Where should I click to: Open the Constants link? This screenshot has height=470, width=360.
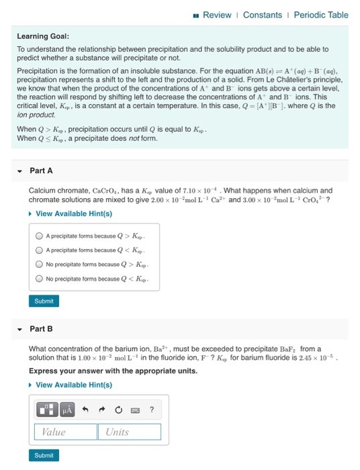[263, 15]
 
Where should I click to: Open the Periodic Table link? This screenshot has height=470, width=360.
[321, 15]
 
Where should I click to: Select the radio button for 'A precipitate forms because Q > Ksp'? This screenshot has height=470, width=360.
[40, 236]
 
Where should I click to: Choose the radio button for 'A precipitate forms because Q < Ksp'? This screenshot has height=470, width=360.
[40, 250]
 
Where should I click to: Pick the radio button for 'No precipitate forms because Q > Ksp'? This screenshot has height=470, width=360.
[40, 265]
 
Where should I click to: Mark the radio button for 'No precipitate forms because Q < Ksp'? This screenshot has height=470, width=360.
[40, 279]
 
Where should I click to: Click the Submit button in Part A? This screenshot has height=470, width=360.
[44, 301]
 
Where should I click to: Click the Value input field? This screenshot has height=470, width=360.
[65, 432]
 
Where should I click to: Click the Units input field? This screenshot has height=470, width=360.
[132, 432]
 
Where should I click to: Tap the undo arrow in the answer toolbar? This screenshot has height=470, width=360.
[86, 409]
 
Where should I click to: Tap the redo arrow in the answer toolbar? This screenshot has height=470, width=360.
[102, 409]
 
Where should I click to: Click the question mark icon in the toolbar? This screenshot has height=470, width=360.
[151, 409]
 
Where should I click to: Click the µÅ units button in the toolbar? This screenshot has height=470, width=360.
[66, 409]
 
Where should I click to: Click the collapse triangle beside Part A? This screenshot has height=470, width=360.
[18, 171]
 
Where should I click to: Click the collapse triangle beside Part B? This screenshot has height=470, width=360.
[18, 328]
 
